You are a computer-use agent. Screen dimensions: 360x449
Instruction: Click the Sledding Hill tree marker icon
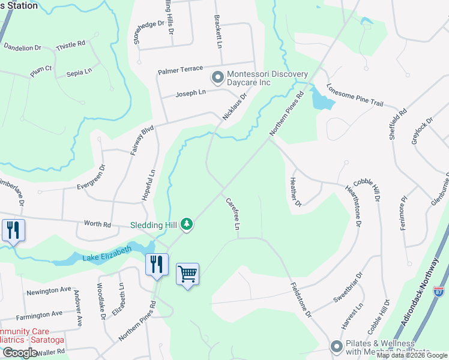[187, 224]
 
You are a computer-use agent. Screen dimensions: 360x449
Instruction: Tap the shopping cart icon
[187, 274]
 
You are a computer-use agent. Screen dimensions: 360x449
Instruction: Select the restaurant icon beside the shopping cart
[157, 264]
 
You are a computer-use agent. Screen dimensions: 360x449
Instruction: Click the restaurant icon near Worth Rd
[13, 230]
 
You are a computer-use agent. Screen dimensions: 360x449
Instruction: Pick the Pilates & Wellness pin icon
[336, 346]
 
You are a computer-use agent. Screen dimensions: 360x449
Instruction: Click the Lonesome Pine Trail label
[354, 95]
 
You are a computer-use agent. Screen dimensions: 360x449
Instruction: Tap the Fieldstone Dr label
[301, 299]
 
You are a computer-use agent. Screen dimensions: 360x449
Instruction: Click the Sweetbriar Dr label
[349, 290]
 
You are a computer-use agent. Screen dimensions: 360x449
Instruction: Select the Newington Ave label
[49, 291]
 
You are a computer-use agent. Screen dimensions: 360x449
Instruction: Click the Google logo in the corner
[20, 353]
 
